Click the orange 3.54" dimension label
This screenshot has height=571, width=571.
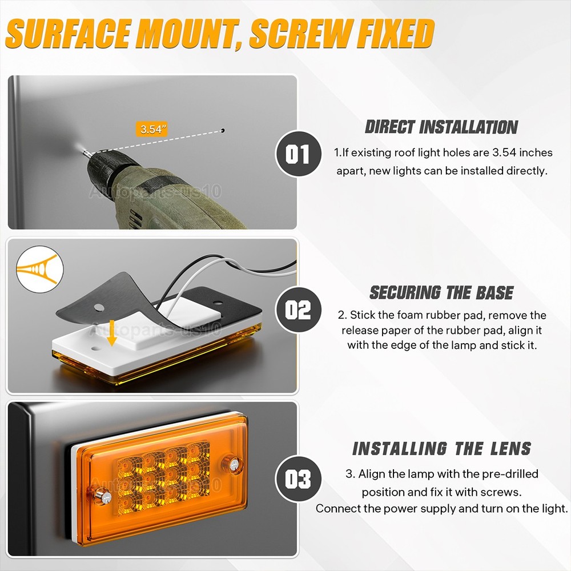[152, 129]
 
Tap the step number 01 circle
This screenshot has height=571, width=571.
[298, 154]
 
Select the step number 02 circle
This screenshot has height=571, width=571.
[298, 309]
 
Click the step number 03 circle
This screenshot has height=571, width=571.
[298, 478]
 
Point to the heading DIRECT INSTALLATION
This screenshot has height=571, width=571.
[441, 127]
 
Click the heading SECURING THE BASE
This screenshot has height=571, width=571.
[441, 292]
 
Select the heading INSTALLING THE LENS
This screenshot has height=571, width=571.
[441, 448]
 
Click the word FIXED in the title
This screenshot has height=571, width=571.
[396, 34]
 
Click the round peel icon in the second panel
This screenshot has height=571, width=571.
[40, 269]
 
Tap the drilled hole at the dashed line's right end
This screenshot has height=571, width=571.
[223, 130]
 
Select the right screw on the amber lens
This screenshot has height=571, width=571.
[234, 464]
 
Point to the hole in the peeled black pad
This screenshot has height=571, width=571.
[99, 308]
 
